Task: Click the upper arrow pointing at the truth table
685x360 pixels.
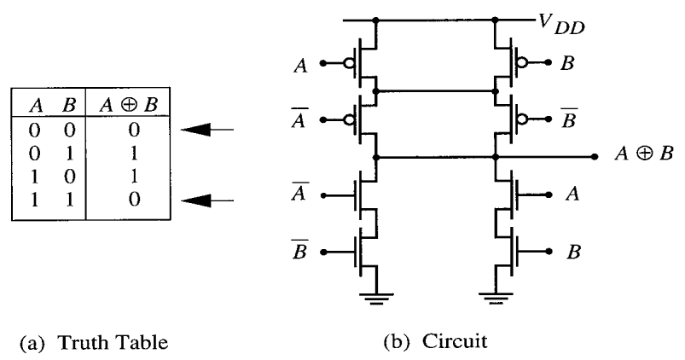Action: pyautogui.click(x=210, y=131)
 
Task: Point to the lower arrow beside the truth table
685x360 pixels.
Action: pyautogui.click(x=210, y=201)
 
